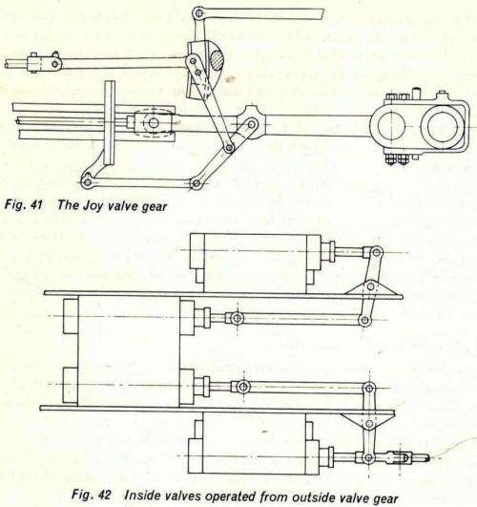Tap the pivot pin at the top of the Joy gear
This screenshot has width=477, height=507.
point(198,13)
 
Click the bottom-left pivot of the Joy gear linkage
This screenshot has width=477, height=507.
point(88,180)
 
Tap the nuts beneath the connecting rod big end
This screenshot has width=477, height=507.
point(397,158)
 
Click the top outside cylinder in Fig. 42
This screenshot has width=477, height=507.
point(254,261)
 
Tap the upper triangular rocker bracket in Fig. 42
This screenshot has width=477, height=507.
point(364,286)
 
